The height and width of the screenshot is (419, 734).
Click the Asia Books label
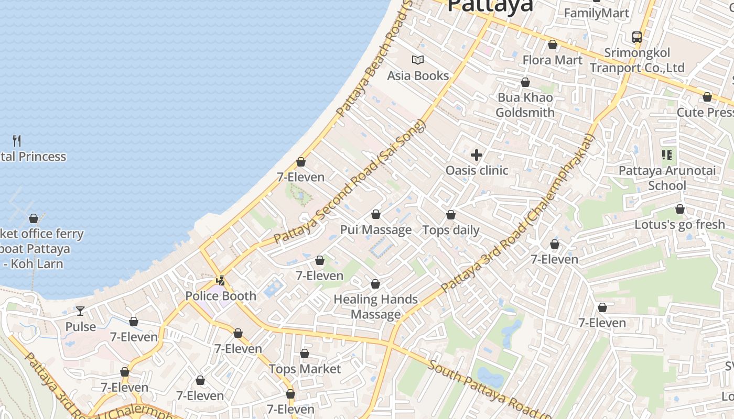(x=418, y=76)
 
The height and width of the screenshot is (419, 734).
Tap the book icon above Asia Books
(x=418, y=60)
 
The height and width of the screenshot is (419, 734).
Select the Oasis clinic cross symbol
(x=477, y=155)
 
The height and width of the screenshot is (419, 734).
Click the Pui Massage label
(x=376, y=230)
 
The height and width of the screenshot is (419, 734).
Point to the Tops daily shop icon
(x=451, y=215)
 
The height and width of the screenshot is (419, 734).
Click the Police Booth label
(x=221, y=296)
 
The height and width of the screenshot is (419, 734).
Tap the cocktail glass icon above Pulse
(x=80, y=311)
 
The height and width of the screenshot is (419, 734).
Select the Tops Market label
(x=305, y=369)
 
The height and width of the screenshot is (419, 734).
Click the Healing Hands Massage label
(x=376, y=307)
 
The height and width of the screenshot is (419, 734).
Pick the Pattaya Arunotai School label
(x=667, y=178)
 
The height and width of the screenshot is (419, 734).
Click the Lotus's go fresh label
(x=679, y=225)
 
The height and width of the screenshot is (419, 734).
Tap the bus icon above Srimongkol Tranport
(x=637, y=37)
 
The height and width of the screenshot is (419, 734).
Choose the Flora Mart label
(x=552, y=60)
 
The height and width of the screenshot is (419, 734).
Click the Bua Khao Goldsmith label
(x=525, y=105)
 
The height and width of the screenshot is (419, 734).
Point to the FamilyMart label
(x=596, y=13)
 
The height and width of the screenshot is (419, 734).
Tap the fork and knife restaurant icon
(x=17, y=140)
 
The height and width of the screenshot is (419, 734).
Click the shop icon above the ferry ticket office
(x=34, y=218)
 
